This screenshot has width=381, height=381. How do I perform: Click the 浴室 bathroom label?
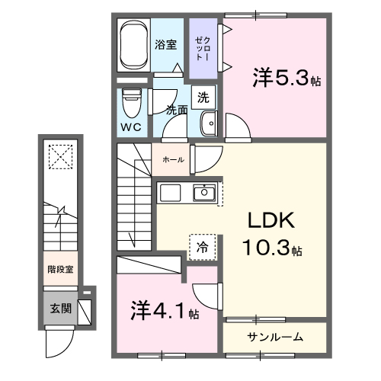pyautogui.click(x=166, y=44)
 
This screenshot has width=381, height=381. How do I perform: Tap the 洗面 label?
pyautogui.click(x=177, y=110)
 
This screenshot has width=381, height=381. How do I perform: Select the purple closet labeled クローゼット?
pyautogui.click(x=203, y=49)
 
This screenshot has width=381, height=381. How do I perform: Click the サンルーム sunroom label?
pyautogui.click(x=274, y=337)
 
